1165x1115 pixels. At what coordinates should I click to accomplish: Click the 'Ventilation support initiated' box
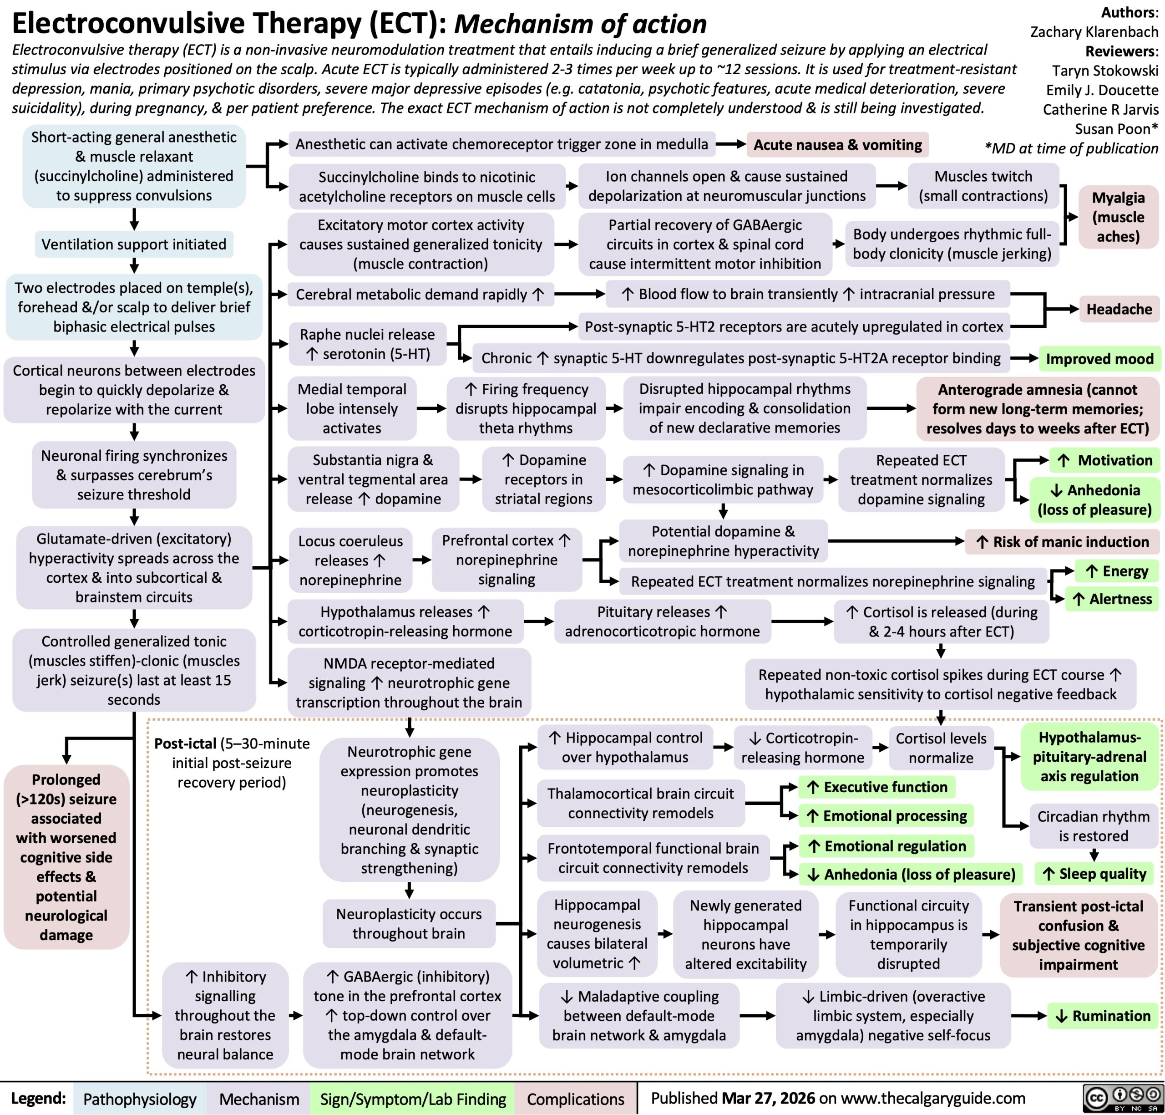click(x=134, y=244)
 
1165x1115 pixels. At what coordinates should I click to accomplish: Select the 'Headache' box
click(x=1119, y=309)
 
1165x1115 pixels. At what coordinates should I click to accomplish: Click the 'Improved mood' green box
click(x=1099, y=358)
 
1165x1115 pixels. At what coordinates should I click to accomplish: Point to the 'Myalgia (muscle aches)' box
click(x=1118, y=217)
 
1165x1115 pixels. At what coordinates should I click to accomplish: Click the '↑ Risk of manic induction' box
click(x=1062, y=541)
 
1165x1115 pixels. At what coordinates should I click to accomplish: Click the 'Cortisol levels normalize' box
click(x=941, y=748)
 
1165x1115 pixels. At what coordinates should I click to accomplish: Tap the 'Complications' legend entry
click(x=575, y=1100)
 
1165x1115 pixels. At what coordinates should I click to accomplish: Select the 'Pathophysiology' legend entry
click(x=140, y=1100)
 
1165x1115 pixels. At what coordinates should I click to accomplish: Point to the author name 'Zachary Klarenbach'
click(x=1094, y=31)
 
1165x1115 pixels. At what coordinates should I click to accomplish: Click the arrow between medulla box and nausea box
click(x=731, y=144)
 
